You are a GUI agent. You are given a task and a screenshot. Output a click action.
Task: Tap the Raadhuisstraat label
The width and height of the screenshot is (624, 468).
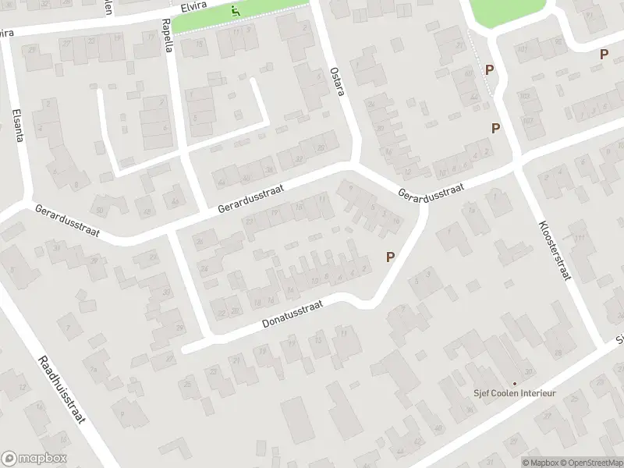pyautogui.click(x=62, y=391)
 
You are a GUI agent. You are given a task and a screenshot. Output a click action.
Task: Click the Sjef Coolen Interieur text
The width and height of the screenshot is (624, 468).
pyautogui.click(x=514, y=392)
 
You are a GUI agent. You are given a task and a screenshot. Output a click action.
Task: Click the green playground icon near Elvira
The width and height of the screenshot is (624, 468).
pyautogui.click(x=236, y=11)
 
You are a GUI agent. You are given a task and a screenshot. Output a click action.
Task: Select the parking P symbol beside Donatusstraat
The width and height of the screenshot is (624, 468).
pyautogui.click(x=390, y=257)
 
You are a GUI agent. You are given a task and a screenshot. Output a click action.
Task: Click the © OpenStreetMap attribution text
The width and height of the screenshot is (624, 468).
pyautogui.click(x=590, y=463)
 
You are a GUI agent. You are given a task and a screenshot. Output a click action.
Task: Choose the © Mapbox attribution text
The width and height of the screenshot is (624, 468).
pyautogui.click(x=540, y=463)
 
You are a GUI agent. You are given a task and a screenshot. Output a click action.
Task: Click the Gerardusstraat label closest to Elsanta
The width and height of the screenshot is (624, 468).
pyautogui.click(x=68, y=222)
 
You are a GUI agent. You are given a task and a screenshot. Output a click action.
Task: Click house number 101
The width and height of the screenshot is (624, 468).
pyautogui.click(x=528, y=95)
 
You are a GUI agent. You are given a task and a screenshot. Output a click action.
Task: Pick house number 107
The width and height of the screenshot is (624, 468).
pyautogui.click(x=528, y=120)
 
